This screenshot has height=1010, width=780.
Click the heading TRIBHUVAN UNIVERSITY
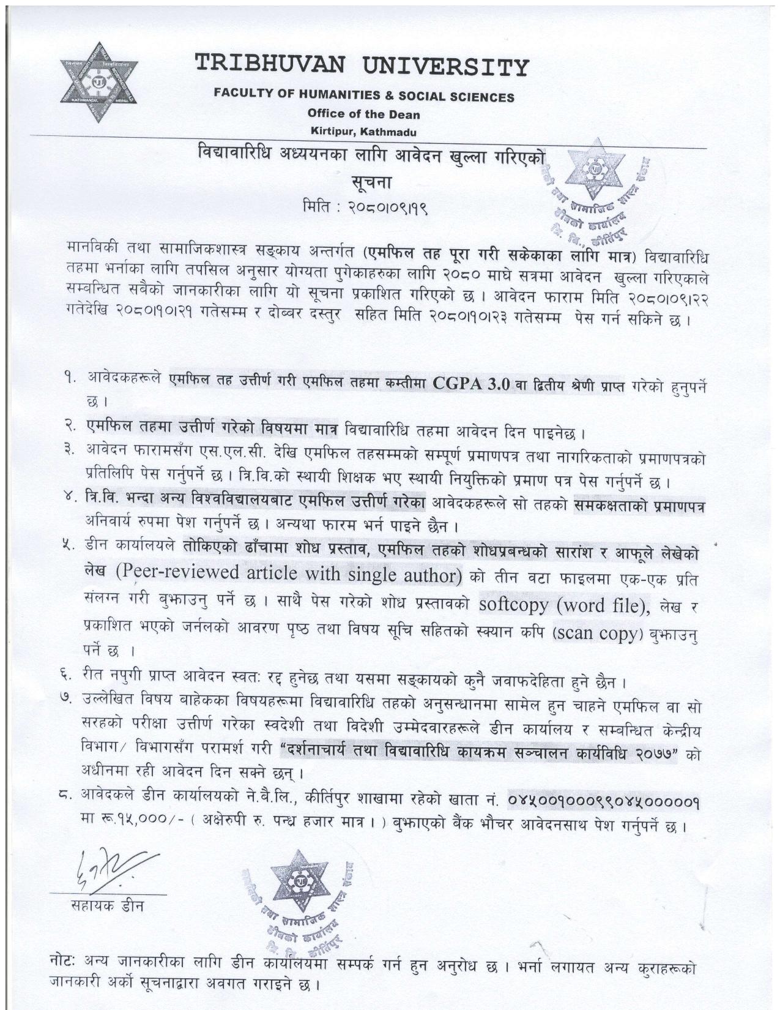tap(361, 65)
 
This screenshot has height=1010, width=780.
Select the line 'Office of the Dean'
tap(363, 114)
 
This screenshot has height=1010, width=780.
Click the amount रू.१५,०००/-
tap(130, 826)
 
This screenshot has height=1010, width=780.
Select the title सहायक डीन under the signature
tap(108, 906)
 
